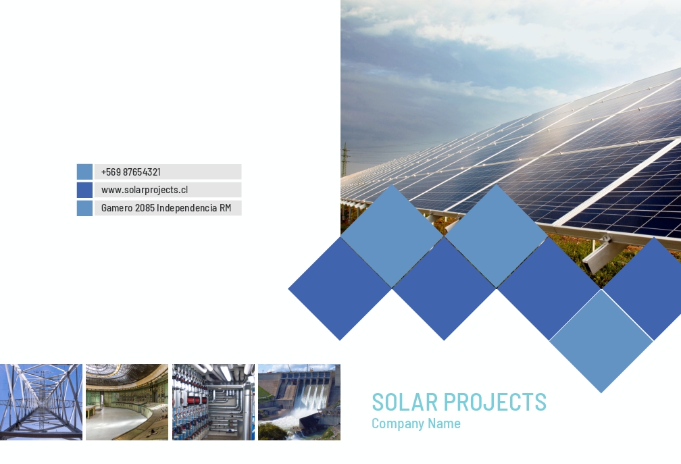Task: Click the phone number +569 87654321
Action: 131,172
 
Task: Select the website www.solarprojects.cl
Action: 144,190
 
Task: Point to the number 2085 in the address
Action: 145,208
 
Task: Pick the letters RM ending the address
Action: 225,208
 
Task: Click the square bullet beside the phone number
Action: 84,172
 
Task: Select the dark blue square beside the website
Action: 84,190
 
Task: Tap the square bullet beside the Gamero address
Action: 84,208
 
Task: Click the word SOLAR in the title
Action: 405,402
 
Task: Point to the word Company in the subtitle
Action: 398,423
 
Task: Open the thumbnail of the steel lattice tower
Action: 41,402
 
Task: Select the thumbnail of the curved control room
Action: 127,402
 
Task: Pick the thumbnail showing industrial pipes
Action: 213,402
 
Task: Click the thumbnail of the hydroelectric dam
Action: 299,402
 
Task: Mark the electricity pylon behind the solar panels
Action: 346,159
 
